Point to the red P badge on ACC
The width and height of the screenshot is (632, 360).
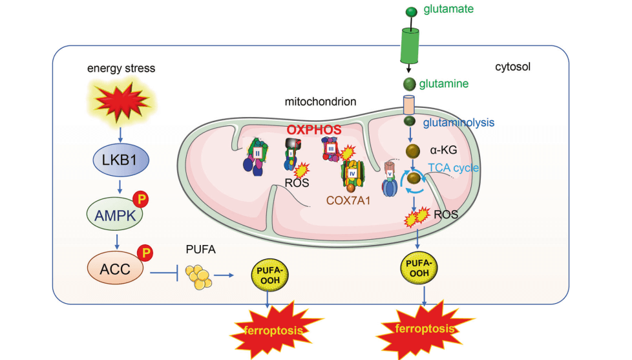(146, 253)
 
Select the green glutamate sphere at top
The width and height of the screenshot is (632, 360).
(410, 11)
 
